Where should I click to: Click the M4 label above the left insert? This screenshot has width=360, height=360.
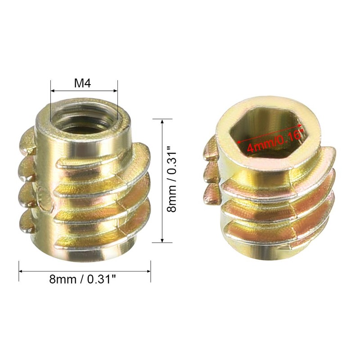click(x=84, y=84)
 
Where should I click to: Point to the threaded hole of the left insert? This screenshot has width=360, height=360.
click(x=84, y=119)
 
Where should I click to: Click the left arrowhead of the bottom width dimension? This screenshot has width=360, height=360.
click(x=21, y=270)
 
